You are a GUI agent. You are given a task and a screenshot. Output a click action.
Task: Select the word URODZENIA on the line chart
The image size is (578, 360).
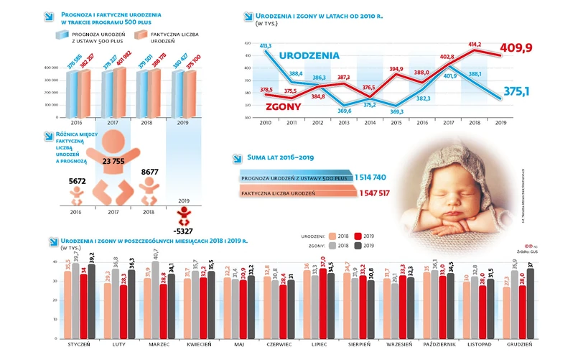(x=309, y=55)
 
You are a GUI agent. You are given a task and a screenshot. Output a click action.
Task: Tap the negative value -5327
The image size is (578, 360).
(x=185, y=231)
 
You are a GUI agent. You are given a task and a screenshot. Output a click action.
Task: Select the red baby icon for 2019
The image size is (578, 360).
(x=185, y=213)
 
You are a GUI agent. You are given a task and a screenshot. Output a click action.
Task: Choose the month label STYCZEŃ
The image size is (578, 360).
(x=79, y=343)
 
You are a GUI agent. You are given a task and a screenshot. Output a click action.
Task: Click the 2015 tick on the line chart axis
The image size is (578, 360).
(x=396, y=123)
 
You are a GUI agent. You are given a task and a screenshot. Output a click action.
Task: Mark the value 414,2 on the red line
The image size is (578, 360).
(x=475, y=44)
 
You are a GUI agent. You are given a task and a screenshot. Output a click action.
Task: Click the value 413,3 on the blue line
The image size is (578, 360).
(x=266, y=45)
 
